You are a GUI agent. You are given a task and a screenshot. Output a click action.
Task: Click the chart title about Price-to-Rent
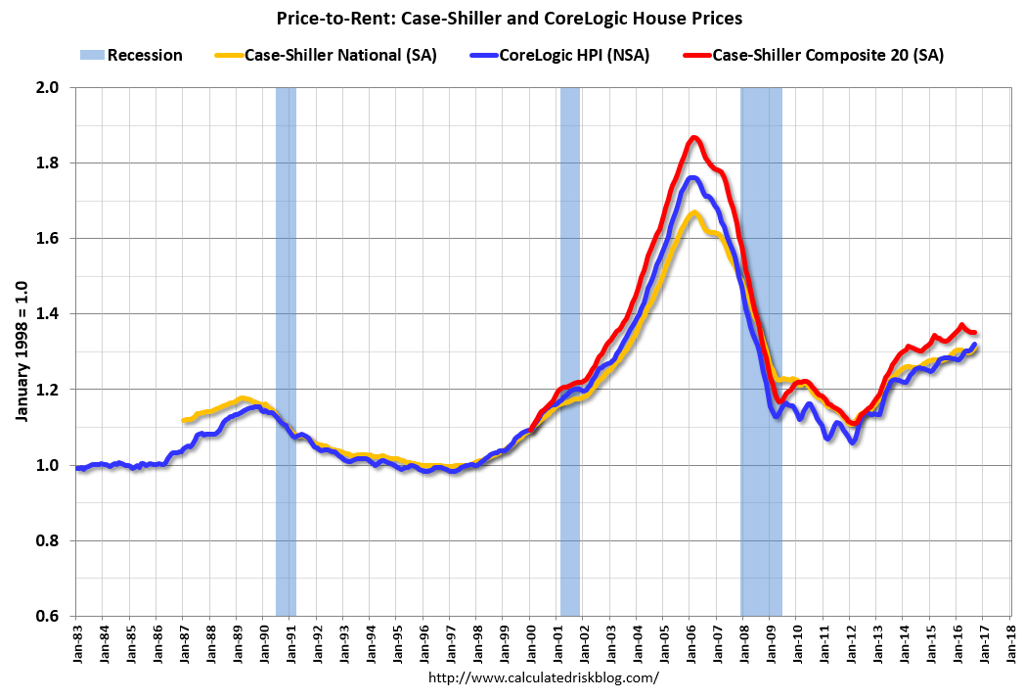click(511, 18)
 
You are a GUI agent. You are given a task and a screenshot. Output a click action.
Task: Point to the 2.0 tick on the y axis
click(48, 88)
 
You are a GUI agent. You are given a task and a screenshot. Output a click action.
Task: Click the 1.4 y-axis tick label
click(48, 314)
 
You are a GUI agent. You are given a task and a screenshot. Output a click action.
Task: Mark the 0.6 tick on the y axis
click(48, 617)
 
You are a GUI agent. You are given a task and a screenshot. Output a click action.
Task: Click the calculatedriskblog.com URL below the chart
click(545, 677)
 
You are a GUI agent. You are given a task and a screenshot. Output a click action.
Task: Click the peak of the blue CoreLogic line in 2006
click(692, 178)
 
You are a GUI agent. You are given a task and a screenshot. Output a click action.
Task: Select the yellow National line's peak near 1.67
click(693, 212)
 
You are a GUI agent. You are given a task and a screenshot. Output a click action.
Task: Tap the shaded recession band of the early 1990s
click(286, 352)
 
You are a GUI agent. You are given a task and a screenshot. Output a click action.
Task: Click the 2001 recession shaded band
click(569, 352)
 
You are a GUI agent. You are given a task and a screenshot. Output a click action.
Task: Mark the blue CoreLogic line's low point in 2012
click(854, 443)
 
